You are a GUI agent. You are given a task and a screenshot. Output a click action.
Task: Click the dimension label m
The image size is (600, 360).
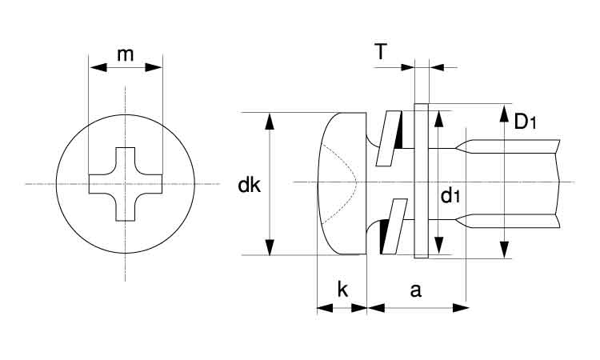tap(125, 54)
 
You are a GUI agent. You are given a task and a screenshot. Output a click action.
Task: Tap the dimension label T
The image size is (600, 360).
tap(381, 52)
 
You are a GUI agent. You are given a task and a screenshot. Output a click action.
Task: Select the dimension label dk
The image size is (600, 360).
tap(249, 185)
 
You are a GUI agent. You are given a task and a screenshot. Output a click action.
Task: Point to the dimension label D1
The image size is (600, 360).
tap(525, 122)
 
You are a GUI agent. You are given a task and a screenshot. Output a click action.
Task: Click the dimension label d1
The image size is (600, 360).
tap(450, 195)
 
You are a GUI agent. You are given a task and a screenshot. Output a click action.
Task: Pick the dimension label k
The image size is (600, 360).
tap(342, 290)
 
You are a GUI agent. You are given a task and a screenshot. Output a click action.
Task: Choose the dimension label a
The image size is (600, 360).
tap(415, 290)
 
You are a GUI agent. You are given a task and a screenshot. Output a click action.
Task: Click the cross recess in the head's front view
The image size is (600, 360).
tap(126, 184)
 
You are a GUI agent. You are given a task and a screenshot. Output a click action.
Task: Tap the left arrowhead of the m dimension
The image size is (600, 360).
tap(98, 68)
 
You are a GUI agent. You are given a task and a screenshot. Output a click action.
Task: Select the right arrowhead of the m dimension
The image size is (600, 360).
tap(154, 68)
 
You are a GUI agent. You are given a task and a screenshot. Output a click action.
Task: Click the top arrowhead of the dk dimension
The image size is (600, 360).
tap(270, 122)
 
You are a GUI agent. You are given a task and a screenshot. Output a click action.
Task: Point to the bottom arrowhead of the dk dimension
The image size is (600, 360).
tap(270, 246)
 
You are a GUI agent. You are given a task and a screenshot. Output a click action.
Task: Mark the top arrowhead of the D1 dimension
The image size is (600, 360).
tap(505, 113)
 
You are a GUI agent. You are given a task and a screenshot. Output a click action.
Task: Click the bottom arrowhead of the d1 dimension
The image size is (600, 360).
tap(439, 246)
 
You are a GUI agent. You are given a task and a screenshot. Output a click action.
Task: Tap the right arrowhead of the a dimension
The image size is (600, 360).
tap(461, 308)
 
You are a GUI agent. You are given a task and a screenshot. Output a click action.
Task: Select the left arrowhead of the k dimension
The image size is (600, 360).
tap(326, 308)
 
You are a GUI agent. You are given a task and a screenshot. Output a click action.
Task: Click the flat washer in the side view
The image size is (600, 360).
tap(422, 181)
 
